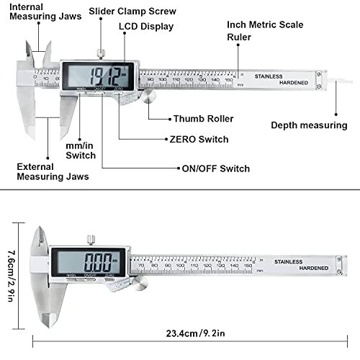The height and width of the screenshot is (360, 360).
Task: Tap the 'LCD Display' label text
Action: pos(145,27)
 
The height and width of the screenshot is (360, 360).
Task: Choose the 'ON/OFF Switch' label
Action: pos(214,168)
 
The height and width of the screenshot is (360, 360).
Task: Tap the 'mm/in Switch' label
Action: pos(81,150)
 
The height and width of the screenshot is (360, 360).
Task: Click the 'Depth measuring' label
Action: pos(309,125)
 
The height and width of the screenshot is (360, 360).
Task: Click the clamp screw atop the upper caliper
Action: pos(100,52)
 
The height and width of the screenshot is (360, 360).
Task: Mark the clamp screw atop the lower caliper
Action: pos(91,239)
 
